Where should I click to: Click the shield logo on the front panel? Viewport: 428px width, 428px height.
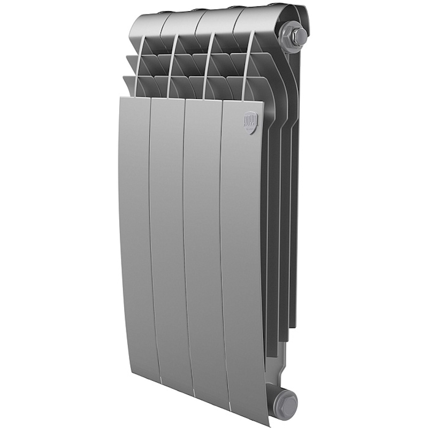251,122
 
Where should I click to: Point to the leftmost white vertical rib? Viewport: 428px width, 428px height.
139,64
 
